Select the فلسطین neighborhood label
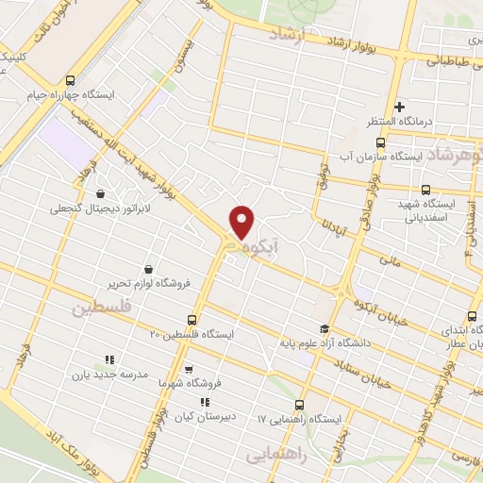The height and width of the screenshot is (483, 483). point(97,308)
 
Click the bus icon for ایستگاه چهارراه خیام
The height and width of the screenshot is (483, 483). point(72,80)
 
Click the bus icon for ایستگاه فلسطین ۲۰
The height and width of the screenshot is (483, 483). point(192,320)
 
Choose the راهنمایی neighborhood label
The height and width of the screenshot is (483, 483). point(277,454)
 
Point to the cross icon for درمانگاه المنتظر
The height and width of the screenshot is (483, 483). point(400,108)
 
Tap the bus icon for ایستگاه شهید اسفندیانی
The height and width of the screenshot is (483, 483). point(425,189)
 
